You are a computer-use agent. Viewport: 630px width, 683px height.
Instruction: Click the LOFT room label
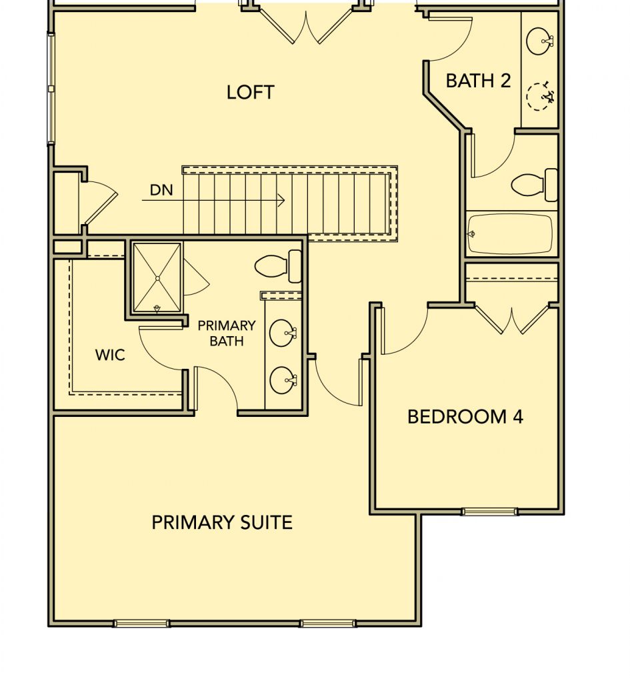point(251,92)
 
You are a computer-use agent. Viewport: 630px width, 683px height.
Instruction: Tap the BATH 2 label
point(478,81)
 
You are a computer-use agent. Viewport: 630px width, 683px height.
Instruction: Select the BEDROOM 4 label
point(465,417)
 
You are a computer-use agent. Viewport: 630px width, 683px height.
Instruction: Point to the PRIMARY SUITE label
point(221,522)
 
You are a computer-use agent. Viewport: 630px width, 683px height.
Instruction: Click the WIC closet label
point(110,355)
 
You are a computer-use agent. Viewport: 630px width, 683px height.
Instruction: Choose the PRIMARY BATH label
point(227,333)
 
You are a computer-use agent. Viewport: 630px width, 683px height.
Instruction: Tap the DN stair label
point(161,190)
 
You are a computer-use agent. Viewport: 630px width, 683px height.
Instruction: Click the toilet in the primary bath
point(278,266)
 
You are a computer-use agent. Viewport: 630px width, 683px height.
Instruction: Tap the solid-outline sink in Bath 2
point(540,41)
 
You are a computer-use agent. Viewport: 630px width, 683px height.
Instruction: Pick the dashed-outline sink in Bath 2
point(540,96)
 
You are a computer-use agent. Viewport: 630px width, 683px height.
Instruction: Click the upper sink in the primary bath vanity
point(283,333)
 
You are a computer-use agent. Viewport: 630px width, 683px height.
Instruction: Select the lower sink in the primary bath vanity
point(283,381)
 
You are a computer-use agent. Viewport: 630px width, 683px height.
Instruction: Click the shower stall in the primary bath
point(157,278)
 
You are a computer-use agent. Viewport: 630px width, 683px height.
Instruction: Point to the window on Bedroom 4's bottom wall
point(490,512)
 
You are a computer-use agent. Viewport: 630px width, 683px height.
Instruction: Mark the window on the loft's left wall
point(51,89)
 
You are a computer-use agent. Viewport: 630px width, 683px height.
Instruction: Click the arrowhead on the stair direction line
point(281,200)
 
